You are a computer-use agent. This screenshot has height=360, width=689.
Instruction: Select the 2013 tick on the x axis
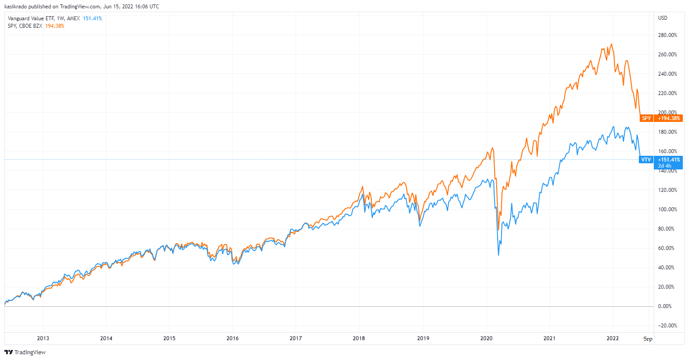43,338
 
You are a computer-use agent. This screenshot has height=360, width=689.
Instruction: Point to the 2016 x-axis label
232,338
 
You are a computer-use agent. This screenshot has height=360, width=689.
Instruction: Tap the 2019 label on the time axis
423,338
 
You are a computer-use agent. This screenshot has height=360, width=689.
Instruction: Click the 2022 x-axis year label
612,338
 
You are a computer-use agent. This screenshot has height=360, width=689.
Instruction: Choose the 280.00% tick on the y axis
667,35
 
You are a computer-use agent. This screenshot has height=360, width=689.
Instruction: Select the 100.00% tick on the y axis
667,209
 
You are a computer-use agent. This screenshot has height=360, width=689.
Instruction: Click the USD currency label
663,18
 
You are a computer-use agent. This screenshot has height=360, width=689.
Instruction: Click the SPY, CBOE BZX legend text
25,26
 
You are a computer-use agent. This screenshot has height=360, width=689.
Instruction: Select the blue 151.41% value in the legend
92,18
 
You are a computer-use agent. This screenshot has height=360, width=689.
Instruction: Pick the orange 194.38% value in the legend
55,26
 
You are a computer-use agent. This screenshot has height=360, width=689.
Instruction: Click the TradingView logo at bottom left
25,352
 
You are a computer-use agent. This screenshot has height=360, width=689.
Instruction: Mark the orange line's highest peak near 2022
612,44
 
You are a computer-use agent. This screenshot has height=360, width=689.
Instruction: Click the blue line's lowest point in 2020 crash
498,255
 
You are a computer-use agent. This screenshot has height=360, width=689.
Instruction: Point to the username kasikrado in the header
16,7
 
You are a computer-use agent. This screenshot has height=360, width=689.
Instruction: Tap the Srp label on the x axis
648,339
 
